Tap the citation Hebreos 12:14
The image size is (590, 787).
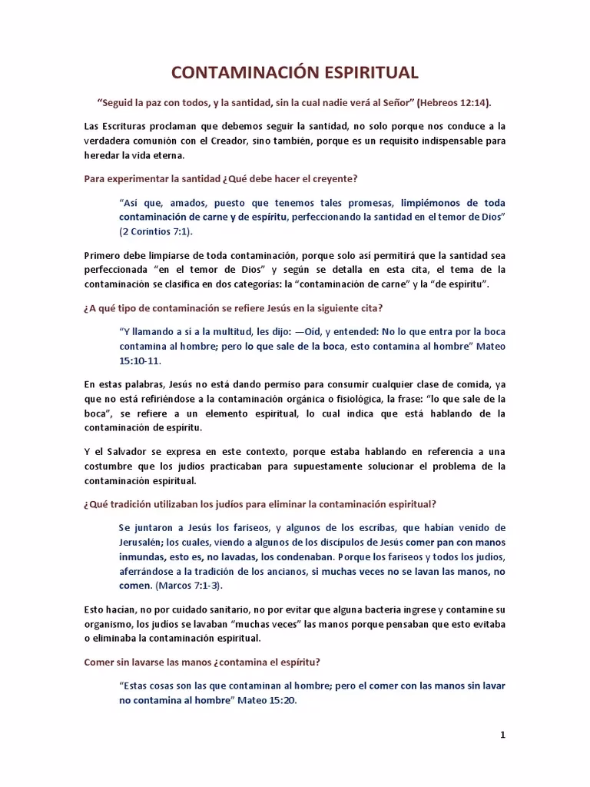click(x=453, y=102)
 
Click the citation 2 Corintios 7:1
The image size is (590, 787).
click(x=156, y=231)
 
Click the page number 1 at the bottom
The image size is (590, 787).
click(x=502, y=735)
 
